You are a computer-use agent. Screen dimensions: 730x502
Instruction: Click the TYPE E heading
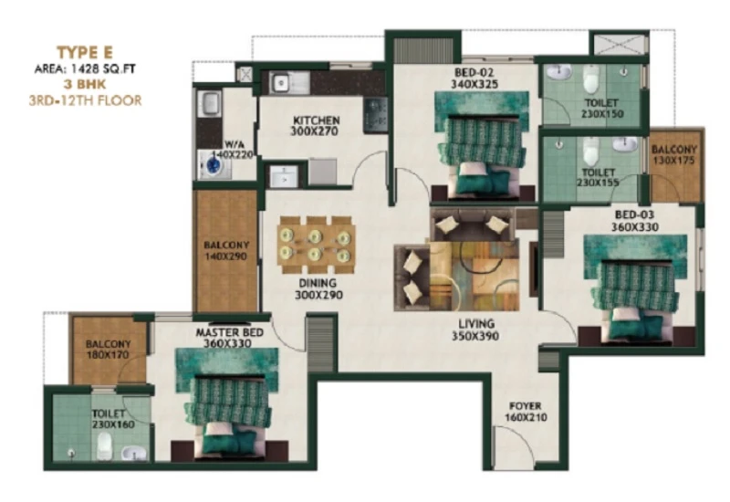point(85,52)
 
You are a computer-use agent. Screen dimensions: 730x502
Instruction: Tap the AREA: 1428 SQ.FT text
point(85,69)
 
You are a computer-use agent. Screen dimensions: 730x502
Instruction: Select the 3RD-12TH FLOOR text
point(85,100)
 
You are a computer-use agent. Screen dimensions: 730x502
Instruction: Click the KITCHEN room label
point(316,120)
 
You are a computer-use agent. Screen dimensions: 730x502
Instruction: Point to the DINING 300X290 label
point(318,288)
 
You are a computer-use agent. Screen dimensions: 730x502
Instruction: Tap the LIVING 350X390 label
point(475,329)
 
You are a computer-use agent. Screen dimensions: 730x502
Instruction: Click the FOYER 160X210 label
point(526,412)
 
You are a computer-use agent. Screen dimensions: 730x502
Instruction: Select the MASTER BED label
point(230,332)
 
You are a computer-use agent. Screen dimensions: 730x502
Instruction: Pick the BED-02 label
point(474,73)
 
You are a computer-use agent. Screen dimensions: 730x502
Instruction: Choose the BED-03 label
point(634,215)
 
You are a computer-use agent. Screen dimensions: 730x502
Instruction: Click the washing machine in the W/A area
point(214,164)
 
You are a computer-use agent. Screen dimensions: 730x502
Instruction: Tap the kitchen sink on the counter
point(281,83)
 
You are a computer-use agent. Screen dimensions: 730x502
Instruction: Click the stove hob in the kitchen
point(376,115)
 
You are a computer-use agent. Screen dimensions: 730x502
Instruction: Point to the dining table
point(316,246)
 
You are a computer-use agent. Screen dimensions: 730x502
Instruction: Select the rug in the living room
point(474,276)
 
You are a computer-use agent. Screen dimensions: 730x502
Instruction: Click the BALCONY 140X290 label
point(225,250)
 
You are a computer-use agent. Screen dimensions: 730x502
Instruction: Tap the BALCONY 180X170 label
point(108,350)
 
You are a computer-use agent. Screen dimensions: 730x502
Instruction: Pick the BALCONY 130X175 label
point(673,155)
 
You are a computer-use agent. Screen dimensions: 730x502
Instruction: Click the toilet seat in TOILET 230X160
point(104,445)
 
